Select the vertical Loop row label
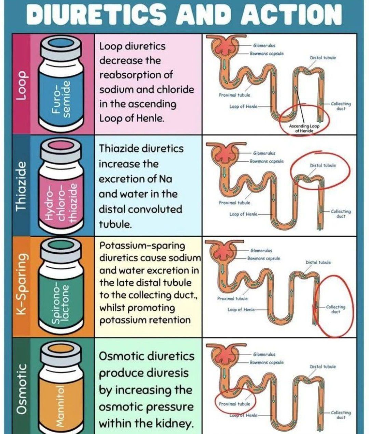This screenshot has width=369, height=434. click(x=22, y=85)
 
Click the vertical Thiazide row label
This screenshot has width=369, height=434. click(x=22, y=186)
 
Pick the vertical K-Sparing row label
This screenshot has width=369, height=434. click(x=22, y=285)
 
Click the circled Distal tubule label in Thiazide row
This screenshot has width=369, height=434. click(x=323, y=165)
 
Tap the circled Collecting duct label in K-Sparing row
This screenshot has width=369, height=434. click(x=336, y=309)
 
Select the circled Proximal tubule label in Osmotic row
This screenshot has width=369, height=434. click(x=234, y=404)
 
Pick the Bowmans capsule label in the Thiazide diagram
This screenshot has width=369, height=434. click(x=266, y=161)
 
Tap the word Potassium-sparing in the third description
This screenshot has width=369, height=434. click(x=142, y=246)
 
